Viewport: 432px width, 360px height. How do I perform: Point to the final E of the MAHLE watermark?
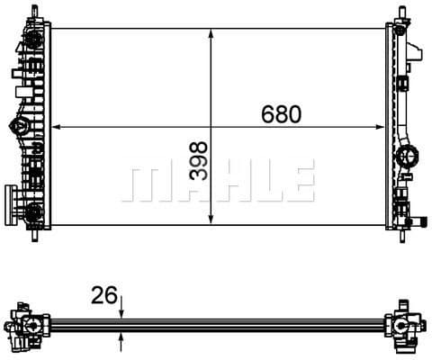coord(299,183)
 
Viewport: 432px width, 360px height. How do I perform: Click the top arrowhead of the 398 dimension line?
coord(211,32)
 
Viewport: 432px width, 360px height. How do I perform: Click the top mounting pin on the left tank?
coord(35,11)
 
